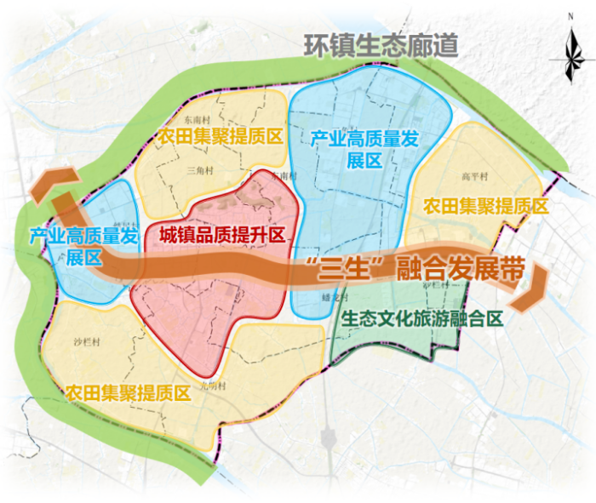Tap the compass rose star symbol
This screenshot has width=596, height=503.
pyautogui.click(x=569, y=59)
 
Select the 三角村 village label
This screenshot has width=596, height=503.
pyautogui.click(x=198, y=170)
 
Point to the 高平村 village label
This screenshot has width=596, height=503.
pyautogui.click(x=472, y=177)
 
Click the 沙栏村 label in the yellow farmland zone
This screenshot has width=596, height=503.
pyautogui.click(x=87, y=343)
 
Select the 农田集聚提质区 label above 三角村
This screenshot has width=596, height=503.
pyautogui.click(x=219, y=136)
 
